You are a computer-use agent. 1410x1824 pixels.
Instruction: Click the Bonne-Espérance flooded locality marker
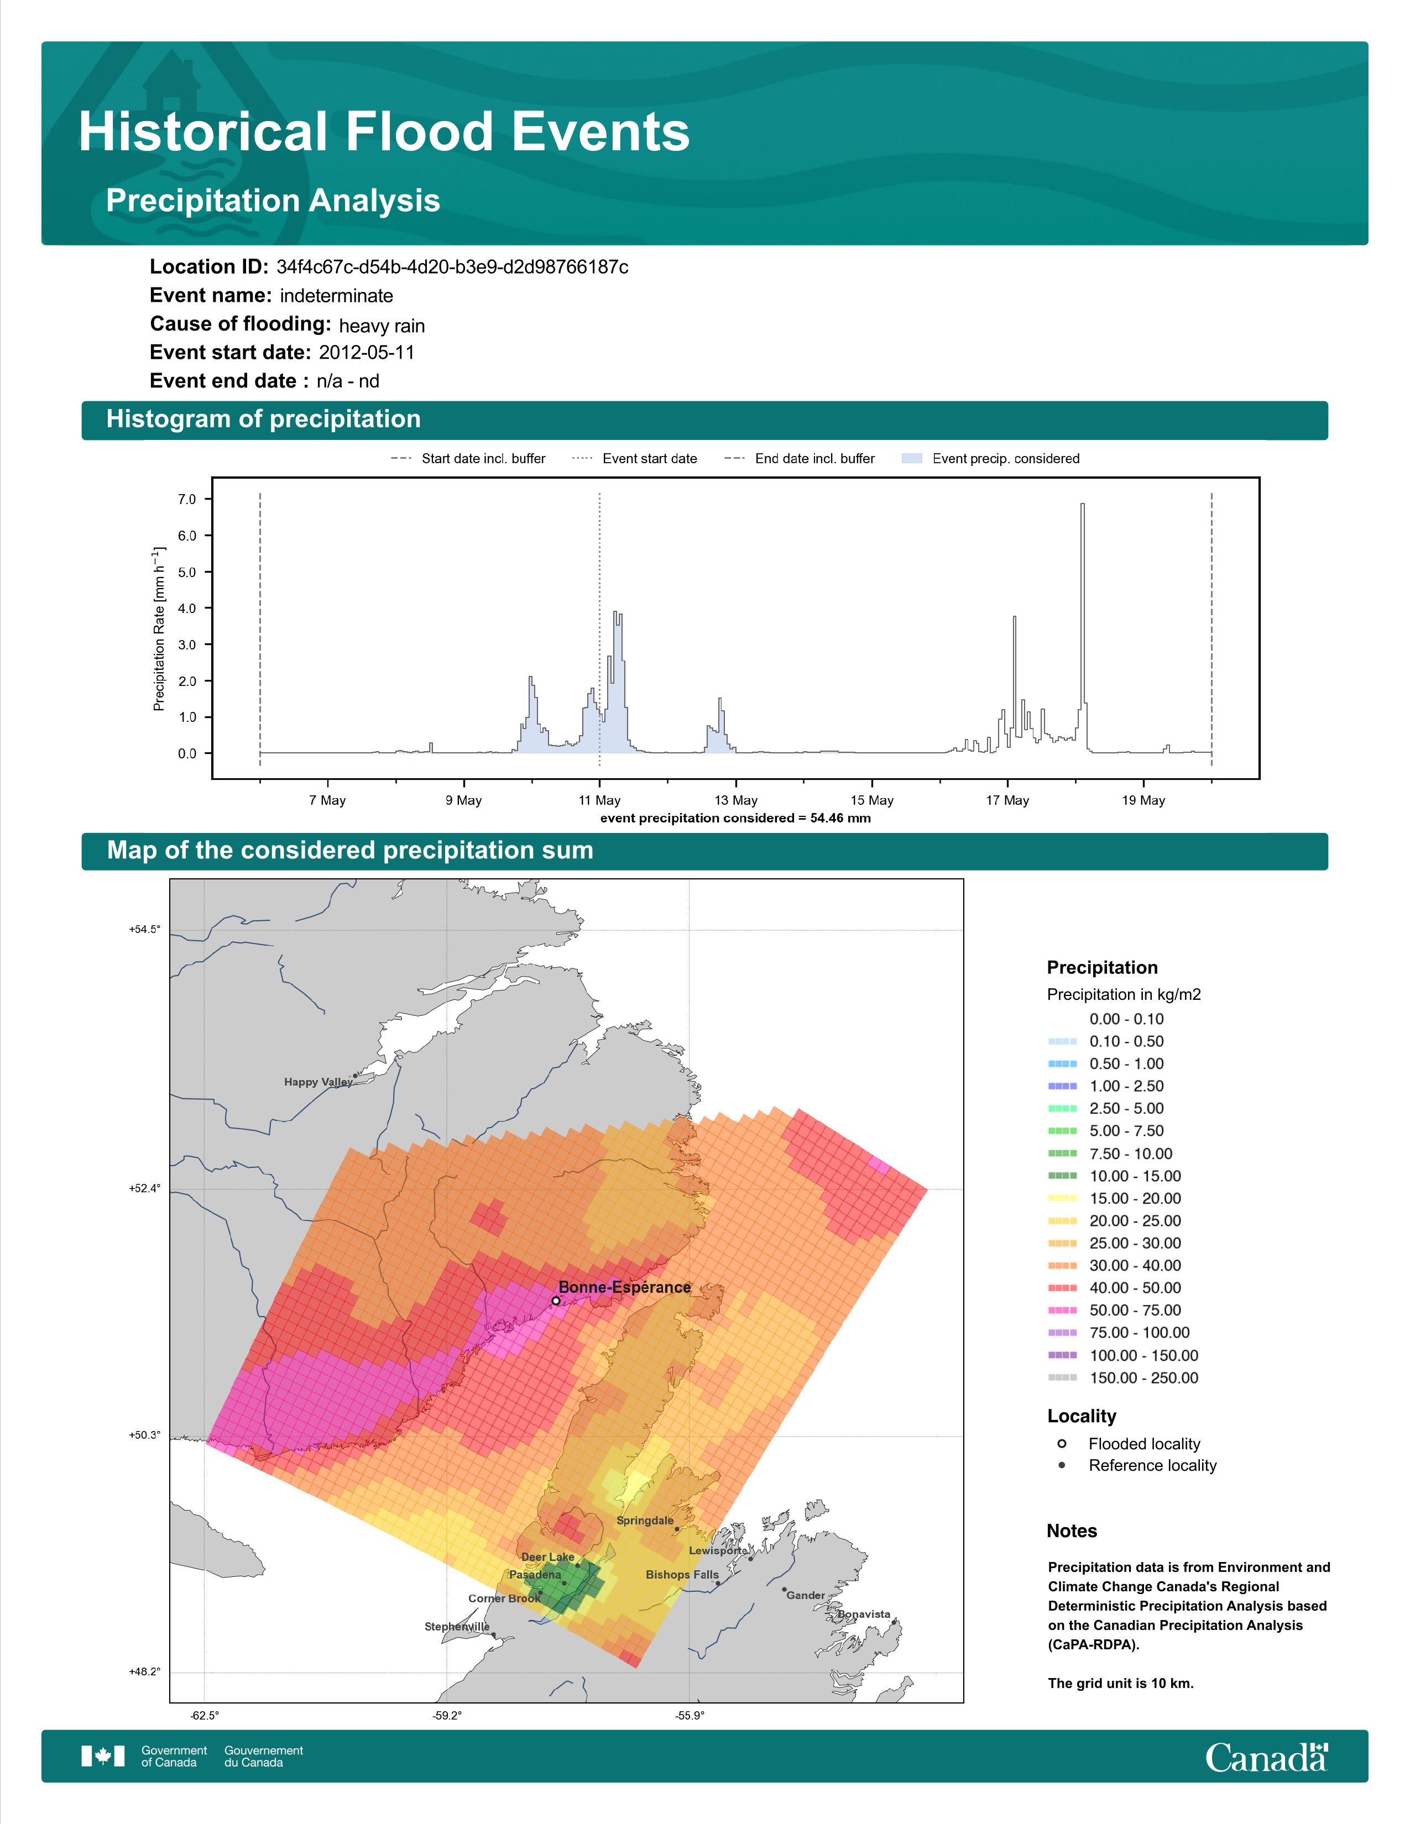coord(556,1301)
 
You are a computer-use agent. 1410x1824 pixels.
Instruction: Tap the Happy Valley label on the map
coord(318,1082)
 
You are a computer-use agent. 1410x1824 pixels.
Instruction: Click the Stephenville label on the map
coord(457,1626)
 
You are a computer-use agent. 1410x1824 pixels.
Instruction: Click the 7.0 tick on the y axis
coord(187,500)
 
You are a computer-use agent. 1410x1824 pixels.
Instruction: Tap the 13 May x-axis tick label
coord(736,800)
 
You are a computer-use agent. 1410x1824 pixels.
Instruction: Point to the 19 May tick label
coord(1143,800)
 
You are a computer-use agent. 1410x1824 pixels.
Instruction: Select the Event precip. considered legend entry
coord(991,459)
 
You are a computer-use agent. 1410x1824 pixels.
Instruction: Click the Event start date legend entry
coord(635,459)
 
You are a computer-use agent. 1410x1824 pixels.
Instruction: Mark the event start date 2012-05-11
coord(367,353)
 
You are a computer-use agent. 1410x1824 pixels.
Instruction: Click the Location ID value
coord(452,268)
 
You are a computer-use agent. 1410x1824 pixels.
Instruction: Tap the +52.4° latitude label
coord(144,1188)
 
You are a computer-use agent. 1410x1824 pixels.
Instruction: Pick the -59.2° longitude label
coord(447,1716)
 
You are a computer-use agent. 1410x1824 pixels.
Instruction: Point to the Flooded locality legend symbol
coord(1062,1443)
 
